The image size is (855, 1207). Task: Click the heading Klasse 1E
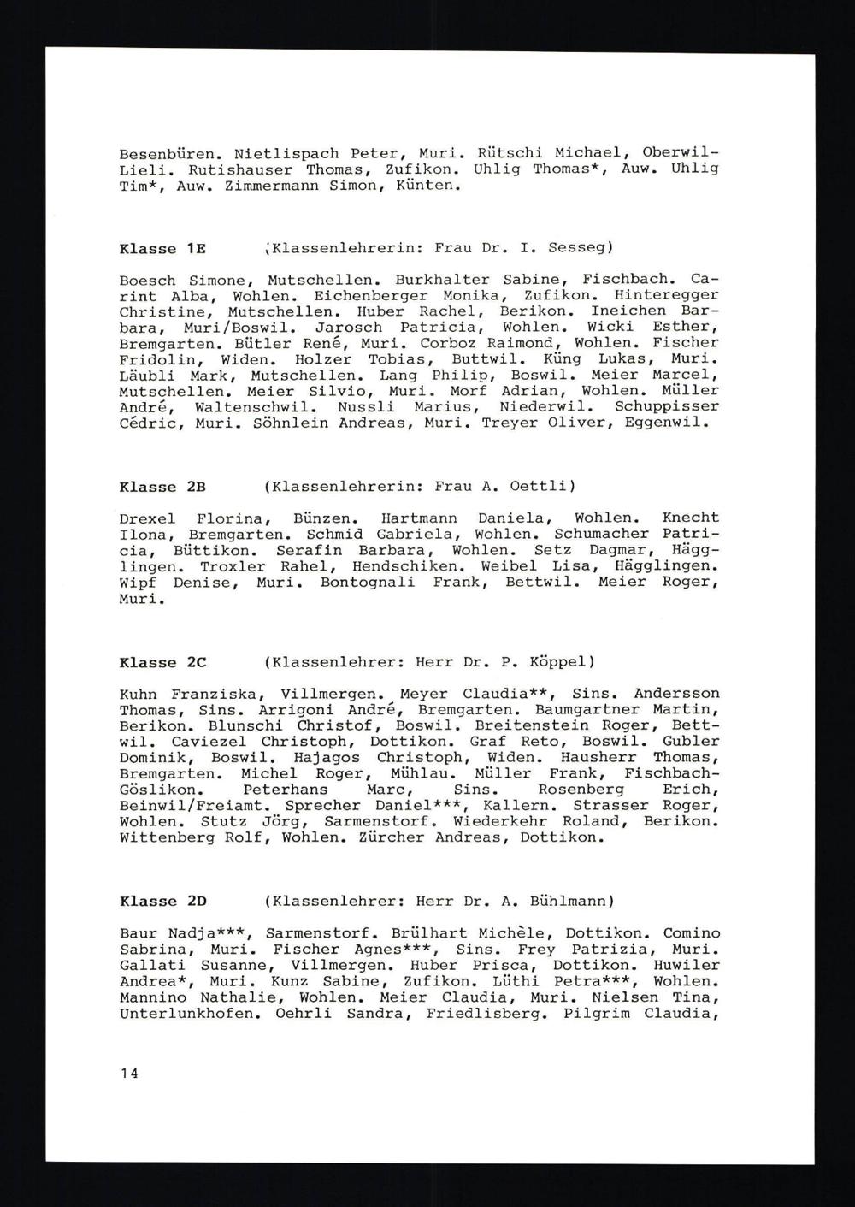(162, 249)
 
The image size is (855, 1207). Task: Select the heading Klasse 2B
(162, 487)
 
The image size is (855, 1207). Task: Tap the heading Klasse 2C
(162, 662)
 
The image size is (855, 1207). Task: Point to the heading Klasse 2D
(162, 901)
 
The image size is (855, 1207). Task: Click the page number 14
(128, 1073)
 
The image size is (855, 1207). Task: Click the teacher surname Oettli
(542, 487)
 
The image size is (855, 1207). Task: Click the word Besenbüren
(167, 153)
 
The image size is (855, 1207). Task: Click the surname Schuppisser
(667, 406)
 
